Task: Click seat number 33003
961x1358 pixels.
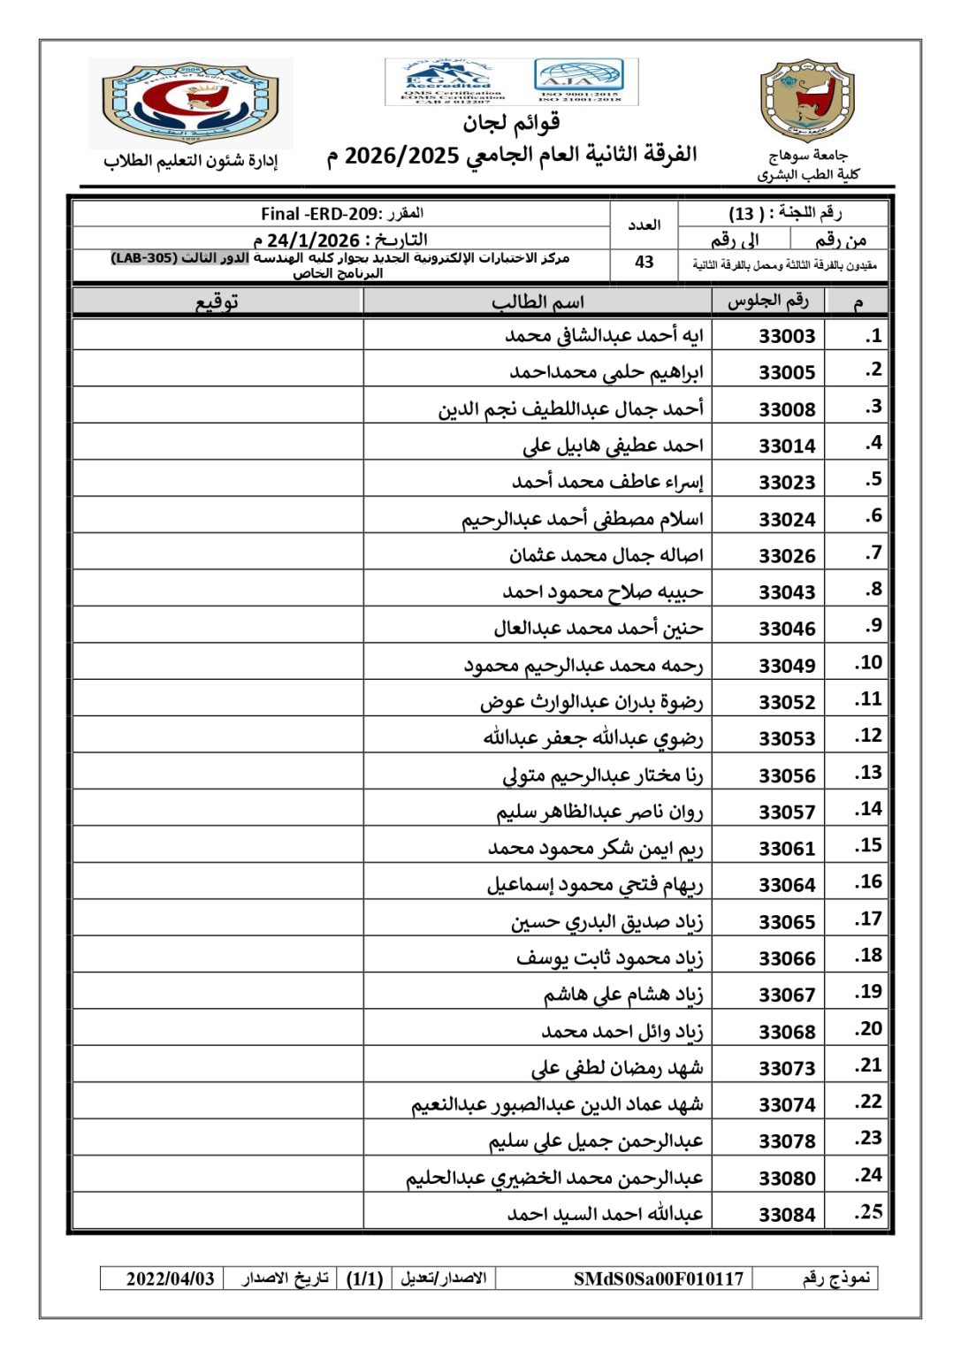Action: coord(787,336)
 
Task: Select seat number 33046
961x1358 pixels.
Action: coord(787,629)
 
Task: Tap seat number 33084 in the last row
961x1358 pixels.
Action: coord(787,1215)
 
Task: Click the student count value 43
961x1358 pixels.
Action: coord(644,263)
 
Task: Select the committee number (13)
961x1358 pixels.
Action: coord(742,214)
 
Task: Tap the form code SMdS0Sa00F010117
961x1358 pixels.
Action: coord(658,1278)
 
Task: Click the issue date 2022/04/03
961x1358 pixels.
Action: coord(170,1278)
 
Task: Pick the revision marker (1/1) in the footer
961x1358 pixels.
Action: coord(364,1278)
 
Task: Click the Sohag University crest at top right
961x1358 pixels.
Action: coord(807,102)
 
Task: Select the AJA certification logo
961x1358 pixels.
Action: coord(579,81)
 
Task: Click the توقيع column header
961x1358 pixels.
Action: coord(217,302)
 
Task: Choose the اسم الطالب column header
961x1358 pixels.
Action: coord(538,302)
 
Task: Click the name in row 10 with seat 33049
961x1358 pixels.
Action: coord(583,665)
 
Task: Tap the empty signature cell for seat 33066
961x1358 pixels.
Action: coord(217,957)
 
